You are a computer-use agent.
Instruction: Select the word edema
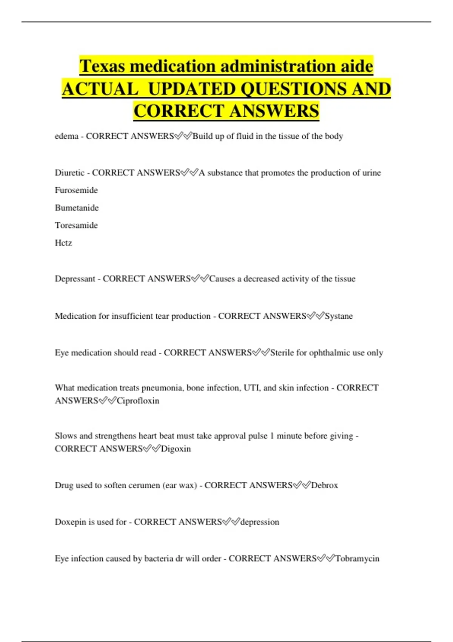click(66, 136)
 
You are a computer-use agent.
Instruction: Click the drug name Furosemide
click(76, 190)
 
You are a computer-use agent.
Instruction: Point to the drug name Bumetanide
click(77, 208)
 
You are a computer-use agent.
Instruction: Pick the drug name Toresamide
click(76, 225)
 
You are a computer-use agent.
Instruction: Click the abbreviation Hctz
click(63, 243)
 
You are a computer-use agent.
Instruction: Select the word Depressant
click(75, 279)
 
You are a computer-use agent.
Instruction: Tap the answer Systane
click(339, 316)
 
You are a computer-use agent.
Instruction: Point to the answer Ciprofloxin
click(138, 401)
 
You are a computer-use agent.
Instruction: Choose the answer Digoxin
click(176, 449)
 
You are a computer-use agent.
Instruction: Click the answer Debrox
click(324, 485)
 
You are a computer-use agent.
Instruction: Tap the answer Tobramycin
click(357, 559)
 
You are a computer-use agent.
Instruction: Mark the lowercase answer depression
click(260, 522)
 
